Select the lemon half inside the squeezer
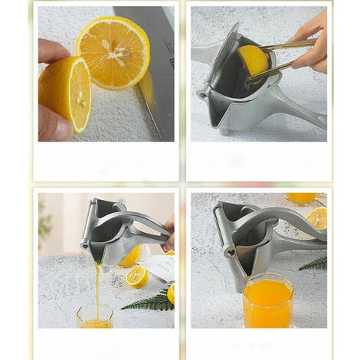[x=252, y=61]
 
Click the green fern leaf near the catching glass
[x=150, y=300]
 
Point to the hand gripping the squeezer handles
[x=168, y=234]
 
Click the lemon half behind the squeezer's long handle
[x=316, y=218]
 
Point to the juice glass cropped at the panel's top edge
[x=301, y=198]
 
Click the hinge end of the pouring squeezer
[x=85, y=246]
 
